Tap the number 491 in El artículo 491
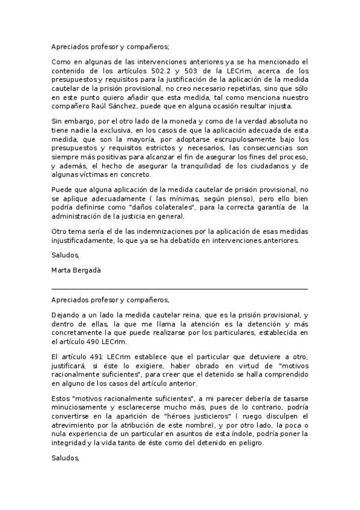click(97, 356)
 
